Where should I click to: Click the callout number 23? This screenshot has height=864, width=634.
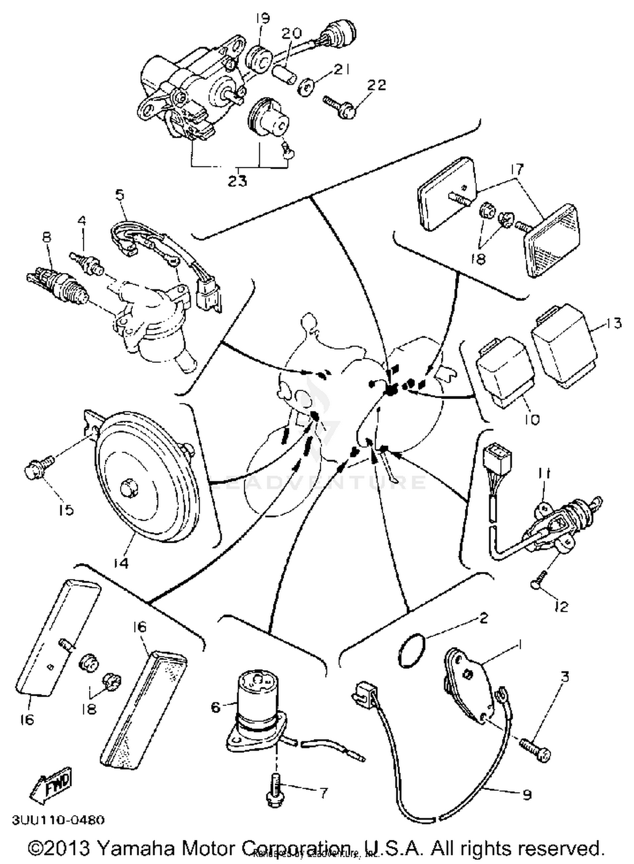(238, 180)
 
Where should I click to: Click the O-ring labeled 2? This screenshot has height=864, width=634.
(411, 651)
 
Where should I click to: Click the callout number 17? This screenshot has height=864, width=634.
(517, 170)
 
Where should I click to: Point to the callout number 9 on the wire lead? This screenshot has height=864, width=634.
(527, 795)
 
